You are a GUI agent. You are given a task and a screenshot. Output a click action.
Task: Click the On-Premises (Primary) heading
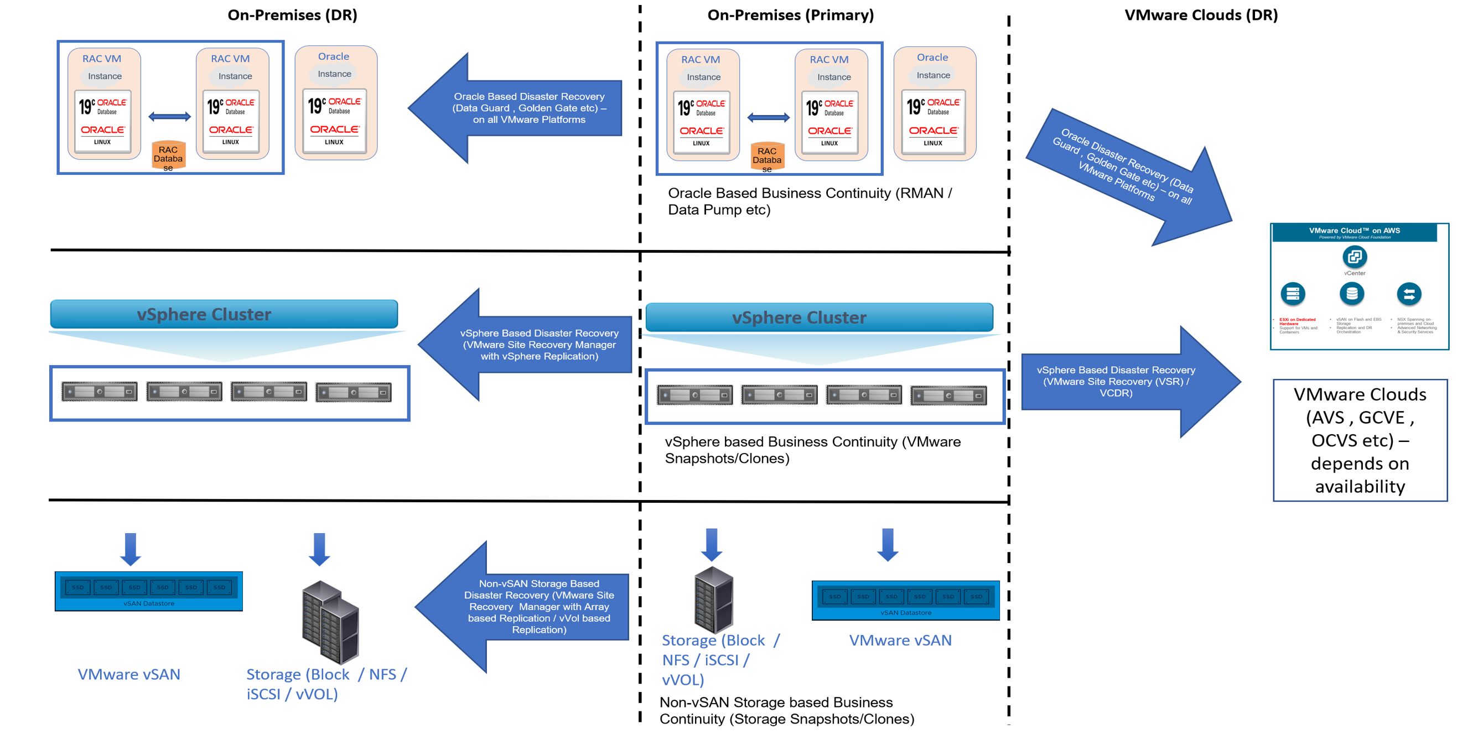coord(790,15)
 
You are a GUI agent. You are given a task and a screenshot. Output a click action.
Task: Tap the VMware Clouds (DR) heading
coord(1200,15)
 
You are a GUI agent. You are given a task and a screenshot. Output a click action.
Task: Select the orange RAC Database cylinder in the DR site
coord(168,156)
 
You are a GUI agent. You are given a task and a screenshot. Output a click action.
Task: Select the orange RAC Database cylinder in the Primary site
coord(767,157)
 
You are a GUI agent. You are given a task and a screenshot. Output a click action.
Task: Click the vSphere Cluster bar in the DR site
coord(224,314)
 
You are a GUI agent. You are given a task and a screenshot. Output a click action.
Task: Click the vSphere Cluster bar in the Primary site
coord(818,317)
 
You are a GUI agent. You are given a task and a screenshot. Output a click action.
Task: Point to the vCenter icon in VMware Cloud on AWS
coord(1354,257)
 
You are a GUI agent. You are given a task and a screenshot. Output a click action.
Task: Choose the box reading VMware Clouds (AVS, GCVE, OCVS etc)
coord(1360,440)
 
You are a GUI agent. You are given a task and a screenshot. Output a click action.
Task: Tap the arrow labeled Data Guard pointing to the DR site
coord(518,108)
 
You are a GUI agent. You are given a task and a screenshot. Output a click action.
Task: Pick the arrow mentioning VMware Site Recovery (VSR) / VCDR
coord(1123,382)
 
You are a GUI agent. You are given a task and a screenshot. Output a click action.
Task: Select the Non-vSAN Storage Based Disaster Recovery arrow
coord(530,607)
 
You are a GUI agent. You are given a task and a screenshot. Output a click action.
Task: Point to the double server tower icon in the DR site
coord(330,622)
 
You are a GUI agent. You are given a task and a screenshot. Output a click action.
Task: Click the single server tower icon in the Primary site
coord(713,600)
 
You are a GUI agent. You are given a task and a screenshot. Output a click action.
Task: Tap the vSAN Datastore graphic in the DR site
coord(148,591)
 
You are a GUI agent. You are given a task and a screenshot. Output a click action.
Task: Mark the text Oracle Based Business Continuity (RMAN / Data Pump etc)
coord(809,201)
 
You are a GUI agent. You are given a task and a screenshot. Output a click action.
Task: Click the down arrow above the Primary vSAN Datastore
coord(887,544)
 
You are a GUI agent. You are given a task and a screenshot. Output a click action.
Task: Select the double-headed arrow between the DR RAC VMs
coord(169,117)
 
